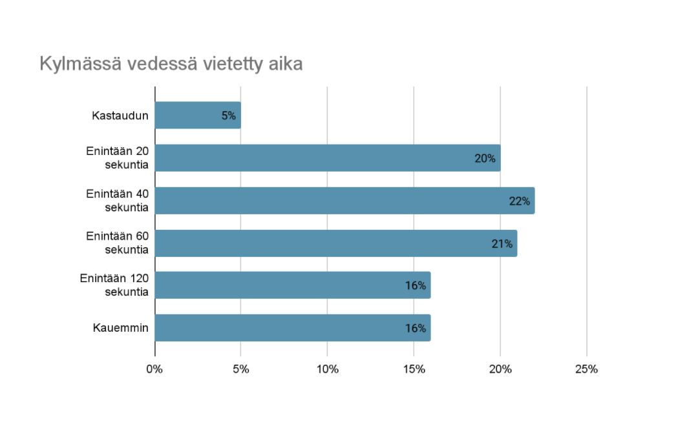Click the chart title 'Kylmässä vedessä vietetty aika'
tap(171, 65)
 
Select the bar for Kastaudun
tap(197, 116)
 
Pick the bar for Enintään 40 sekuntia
tap(344, 201)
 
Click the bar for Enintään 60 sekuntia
tap(336, 243)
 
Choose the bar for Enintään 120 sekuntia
tap(293, 285)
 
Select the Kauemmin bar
tap(293, 328)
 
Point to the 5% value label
tap(229, 116)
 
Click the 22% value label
tap(520, 201)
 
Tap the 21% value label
tap(502, 244)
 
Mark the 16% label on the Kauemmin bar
tap(416, 329)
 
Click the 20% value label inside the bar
tap(485, 159)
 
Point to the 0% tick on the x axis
tap(154, 370)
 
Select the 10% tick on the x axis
tap(328, 370)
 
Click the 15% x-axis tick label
tap(414, 370)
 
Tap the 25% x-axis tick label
tap(587, 370)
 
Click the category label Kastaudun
tap(120, 116)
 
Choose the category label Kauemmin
tap(121, 328)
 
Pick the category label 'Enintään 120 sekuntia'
tap(114, 285)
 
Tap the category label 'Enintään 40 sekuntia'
tap(118, 201)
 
